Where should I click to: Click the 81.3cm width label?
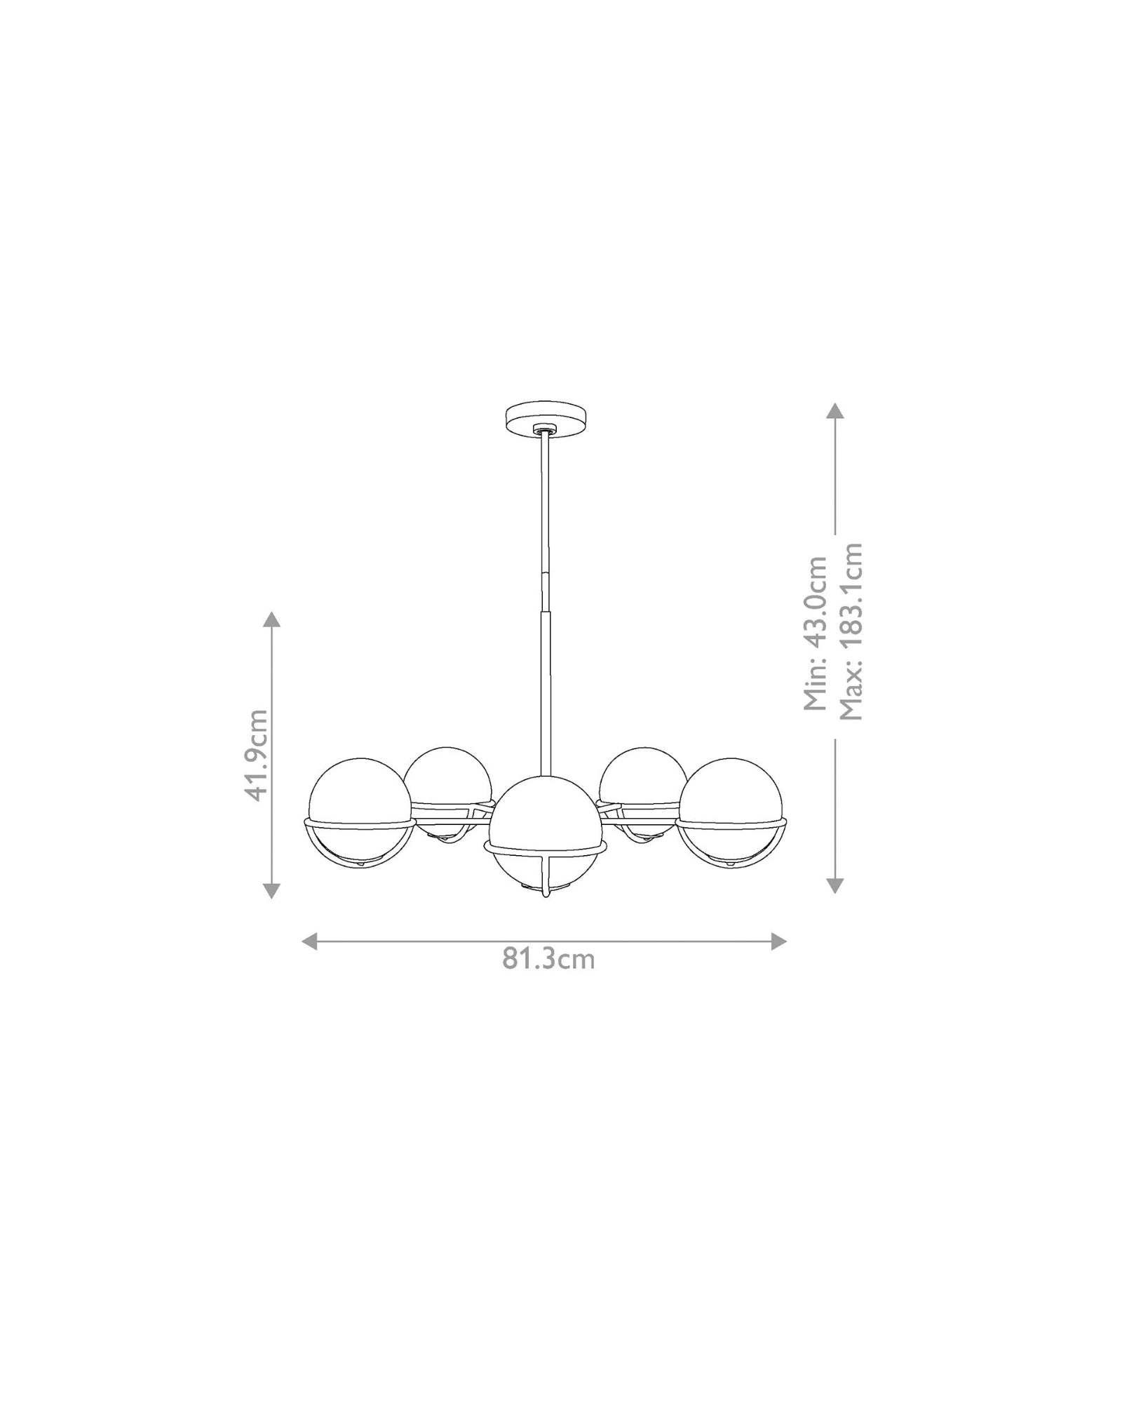548,959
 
